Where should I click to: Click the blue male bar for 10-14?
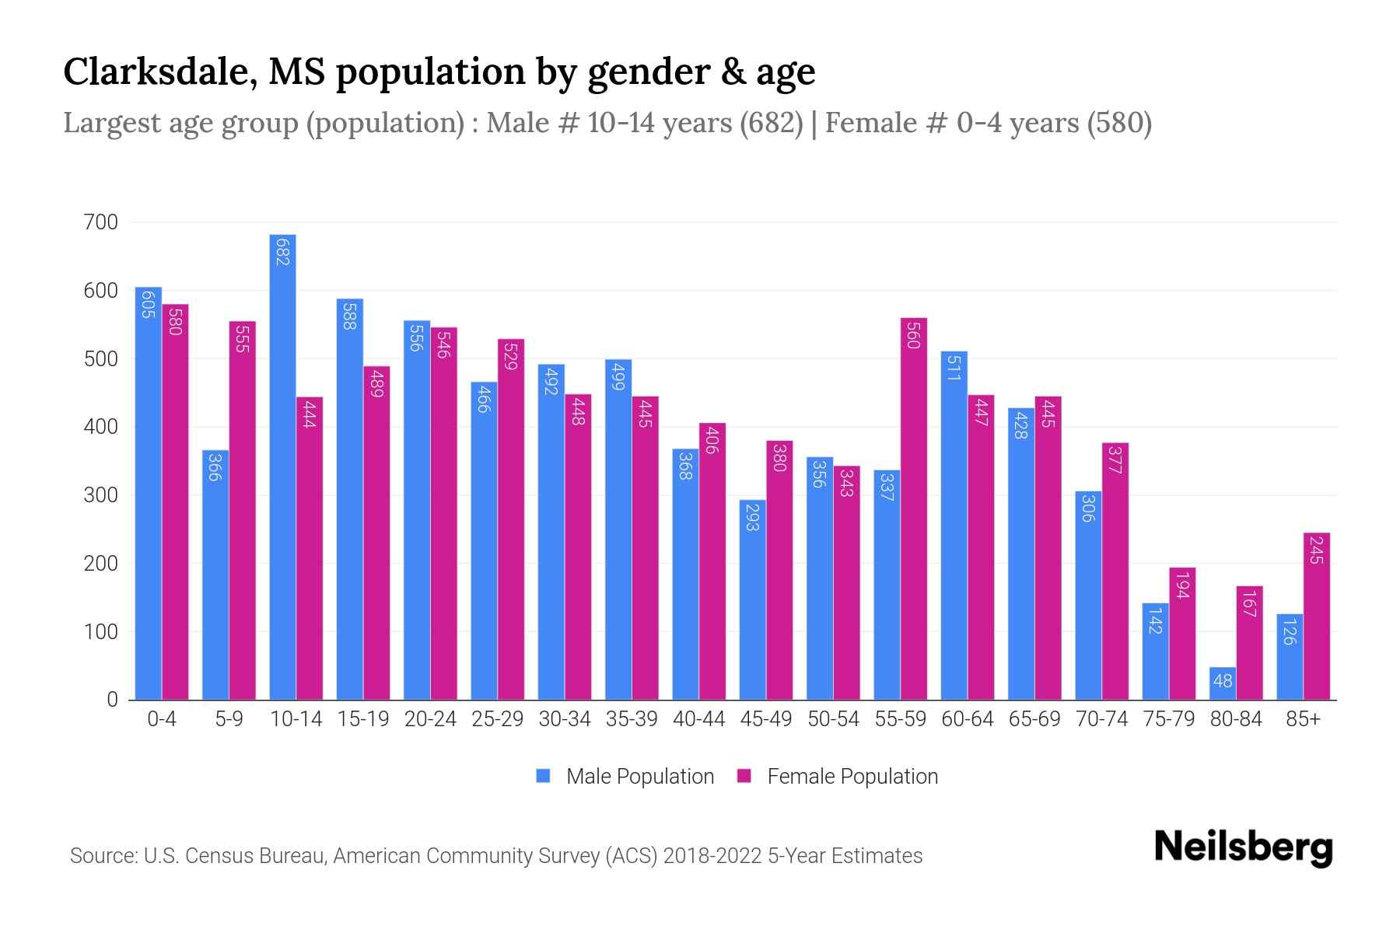(x=282, y=466)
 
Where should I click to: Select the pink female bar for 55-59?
(x=914, y=509)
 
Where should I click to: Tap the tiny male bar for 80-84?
(x=1223, y=683)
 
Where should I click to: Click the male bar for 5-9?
(x=215, y=575)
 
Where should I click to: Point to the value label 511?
(x=954, y=366)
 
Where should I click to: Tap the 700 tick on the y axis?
(x=100, y=222)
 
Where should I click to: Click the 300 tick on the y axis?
(x=100, y=495)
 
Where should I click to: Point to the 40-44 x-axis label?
(x=698, y=719)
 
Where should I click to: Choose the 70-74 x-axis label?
(x=1101, y=719)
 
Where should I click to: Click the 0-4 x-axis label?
(x=162, y=719)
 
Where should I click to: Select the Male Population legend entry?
(x=639, y=777)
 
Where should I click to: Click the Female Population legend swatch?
(x=744, y=776)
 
